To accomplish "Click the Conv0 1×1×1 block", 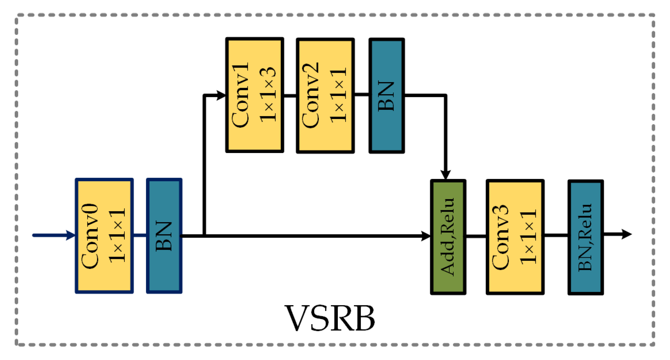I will coord(104,236).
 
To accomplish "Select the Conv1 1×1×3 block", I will coord(254,95).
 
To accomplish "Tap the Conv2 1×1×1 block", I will coord(325,96).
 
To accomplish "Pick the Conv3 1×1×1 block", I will coord(515,237).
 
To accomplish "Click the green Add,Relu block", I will coord(448,237).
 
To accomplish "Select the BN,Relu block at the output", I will coord(586,237).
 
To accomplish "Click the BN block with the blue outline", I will coord(164,236).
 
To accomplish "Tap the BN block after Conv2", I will coord(386,96).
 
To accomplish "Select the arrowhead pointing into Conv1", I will coord(221,95).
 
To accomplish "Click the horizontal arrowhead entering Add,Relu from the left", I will coord(426,236).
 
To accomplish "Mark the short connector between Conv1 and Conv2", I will coord(290,96).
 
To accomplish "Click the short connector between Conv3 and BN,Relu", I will coord(556,235).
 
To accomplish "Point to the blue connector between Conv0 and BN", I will coord(140,235).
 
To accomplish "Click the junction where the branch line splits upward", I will coord(204,236).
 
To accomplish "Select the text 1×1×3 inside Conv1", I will coord(268,95).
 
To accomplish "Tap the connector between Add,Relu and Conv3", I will coord(476,236).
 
